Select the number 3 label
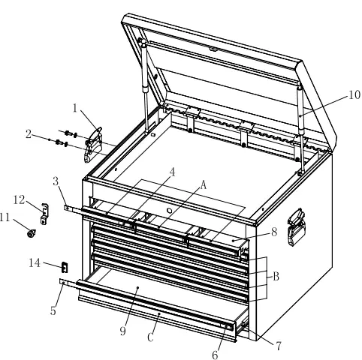[x=57, y=181]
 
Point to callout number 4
[x=172, y=172]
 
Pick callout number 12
[x=20, y=198]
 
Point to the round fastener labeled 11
[x=32, y=234]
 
